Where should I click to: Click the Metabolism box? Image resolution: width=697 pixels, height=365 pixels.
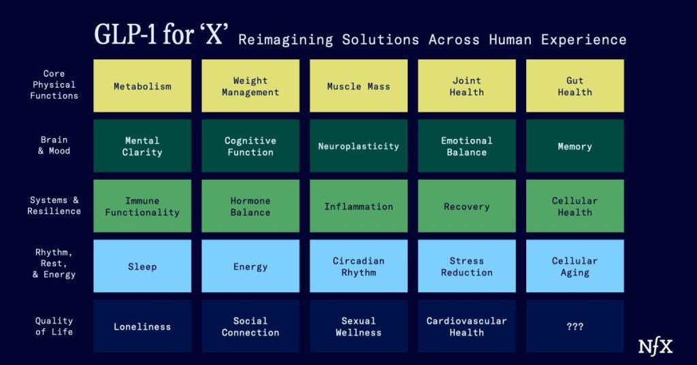pos(142,86)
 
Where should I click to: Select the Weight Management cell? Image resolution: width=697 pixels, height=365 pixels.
pos(250,86)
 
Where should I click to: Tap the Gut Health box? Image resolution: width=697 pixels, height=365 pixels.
pos(574,86)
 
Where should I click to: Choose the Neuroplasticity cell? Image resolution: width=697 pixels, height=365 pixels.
pos(358,146)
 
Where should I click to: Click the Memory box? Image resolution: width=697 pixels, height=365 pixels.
pos(574,146)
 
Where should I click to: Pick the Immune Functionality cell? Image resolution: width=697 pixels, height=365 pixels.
pos(142,206)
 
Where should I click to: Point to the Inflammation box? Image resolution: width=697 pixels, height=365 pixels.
pos(358,206)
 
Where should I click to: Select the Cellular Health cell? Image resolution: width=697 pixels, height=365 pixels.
pos(574,206)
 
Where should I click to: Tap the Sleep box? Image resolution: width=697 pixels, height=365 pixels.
pos(142,266)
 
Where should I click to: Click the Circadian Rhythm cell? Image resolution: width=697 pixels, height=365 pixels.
pos(358,266)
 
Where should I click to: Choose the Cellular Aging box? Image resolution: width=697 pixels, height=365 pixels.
pos(574,266)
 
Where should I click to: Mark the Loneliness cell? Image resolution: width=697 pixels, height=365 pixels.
pos(142,326)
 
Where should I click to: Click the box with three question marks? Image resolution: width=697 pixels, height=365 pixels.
pos(574,326)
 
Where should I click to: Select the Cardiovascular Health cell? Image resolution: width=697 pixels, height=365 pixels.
pos(467,326)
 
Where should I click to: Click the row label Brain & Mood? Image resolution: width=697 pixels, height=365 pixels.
pos(54,145)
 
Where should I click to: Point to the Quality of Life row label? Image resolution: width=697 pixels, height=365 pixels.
pos(54,326)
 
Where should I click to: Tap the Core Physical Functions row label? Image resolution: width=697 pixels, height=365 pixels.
pos(54,84)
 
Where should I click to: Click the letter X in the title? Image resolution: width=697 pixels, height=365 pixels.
pos(214,34)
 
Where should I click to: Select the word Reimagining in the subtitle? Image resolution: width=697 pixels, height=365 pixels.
pos(286,40)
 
